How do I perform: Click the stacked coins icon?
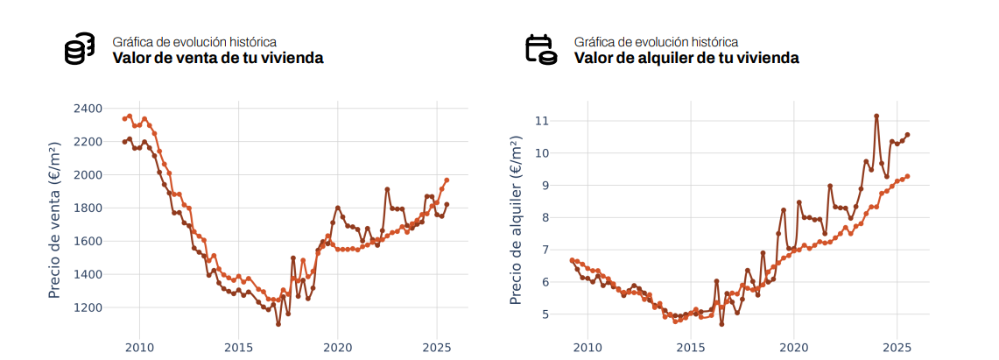79,49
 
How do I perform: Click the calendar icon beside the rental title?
540,49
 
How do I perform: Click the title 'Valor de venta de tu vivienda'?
218,59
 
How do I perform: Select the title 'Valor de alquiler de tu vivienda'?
686,59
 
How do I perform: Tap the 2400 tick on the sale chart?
88,109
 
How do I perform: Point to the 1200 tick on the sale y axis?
88,307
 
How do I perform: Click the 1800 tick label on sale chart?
88,208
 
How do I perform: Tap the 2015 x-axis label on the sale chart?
238,348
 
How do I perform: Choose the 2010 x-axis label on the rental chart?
587,348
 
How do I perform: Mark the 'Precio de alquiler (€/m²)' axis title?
517,222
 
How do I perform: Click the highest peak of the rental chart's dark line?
876,116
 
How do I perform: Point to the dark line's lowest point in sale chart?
278,324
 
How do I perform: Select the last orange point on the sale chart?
447,180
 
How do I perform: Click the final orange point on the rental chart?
907,176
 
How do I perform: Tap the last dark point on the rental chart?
907,135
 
